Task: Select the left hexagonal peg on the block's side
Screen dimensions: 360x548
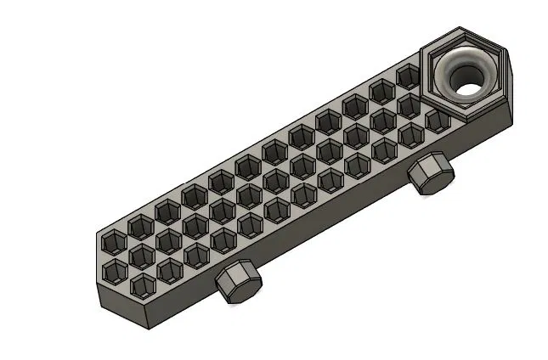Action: tap(237, 284)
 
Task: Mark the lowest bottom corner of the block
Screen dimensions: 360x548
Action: tap(158, 329)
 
